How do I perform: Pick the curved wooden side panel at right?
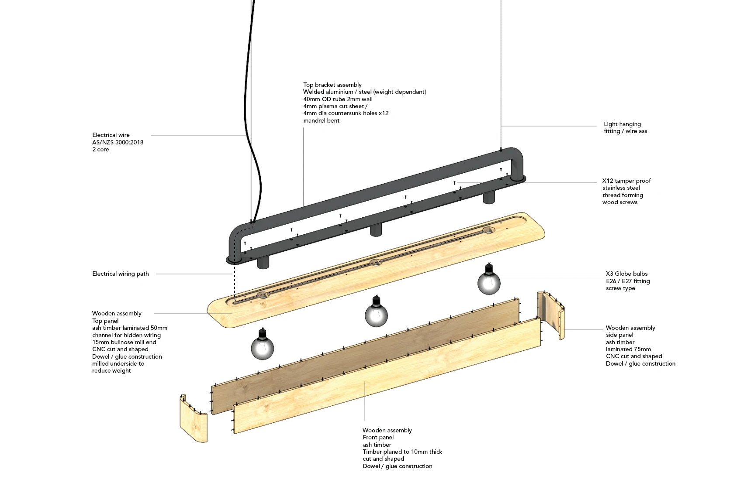(551, 315)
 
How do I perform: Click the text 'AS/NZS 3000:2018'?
(118, 142)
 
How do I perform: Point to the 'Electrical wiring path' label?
(120, 274)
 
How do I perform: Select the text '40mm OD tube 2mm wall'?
(338, 99)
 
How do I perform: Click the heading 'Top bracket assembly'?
(332, 85)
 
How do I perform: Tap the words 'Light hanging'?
(622, 124)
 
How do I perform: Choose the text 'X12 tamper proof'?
(626, 181)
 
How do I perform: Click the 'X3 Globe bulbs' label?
(626, 274)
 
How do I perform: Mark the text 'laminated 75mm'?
(628, 349)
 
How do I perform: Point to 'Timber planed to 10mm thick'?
(402, 452)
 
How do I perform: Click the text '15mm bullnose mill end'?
(124, 342)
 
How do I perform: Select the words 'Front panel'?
(378, 437)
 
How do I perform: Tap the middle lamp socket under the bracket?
(376, 230)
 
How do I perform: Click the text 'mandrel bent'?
(321, 120)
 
